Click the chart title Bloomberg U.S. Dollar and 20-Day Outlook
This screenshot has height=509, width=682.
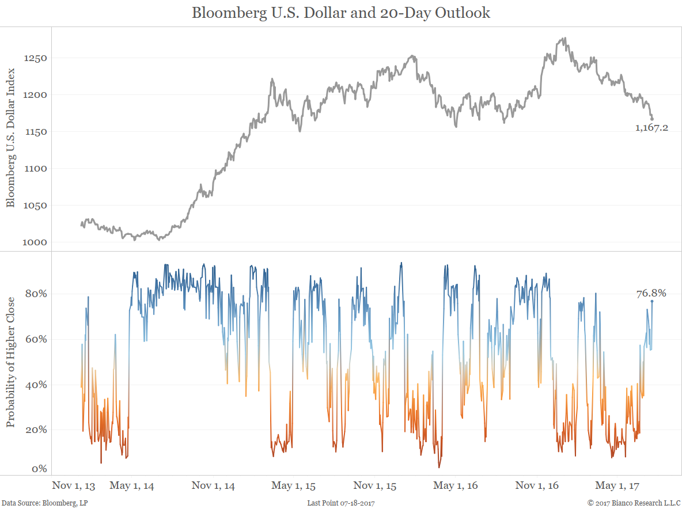coord(340,13)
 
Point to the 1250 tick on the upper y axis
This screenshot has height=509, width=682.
coord(35,58)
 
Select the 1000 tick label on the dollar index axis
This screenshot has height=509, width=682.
coord(35,242)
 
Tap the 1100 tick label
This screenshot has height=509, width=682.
coord(35,169)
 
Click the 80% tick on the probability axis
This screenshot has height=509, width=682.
coord(35,294)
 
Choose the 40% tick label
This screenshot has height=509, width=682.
coord(35,385)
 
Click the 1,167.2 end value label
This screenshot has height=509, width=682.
coord(651,128)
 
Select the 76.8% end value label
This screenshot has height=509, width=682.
coord(651,294)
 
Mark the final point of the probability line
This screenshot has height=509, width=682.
coord(652,301)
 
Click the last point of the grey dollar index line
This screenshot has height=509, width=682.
coord(652,119)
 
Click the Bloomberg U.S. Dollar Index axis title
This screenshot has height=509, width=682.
coord(10,137)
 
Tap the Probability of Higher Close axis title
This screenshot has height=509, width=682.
coord(10,363)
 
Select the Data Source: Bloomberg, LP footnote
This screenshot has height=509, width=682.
coord(45,503)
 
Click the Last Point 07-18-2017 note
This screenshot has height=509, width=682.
coord(341,503)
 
